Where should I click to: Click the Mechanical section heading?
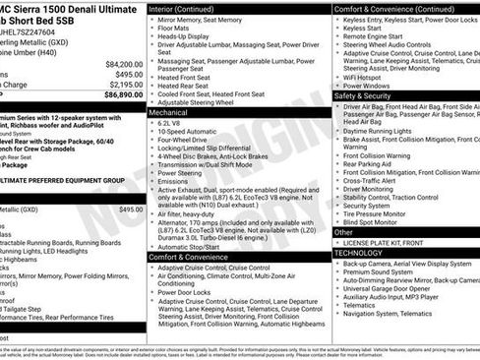pos(171,113)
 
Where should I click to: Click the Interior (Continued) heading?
pos(189,8)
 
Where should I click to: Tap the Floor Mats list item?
pos(177,31)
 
